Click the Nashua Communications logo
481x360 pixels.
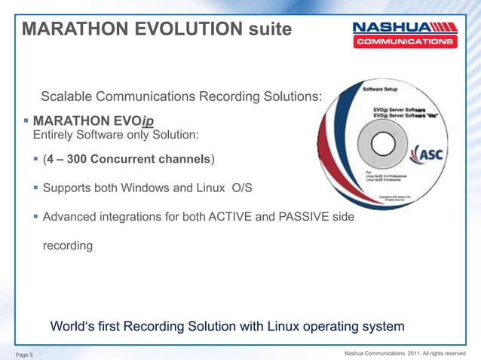(404, 34)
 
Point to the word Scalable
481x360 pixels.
(68, 96)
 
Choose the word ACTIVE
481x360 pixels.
(255, 217)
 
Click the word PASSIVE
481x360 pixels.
(320, 217)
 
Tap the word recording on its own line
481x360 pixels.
(67, 246)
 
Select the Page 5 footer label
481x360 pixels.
(29, 354)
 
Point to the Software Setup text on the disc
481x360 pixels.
(381, 88)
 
